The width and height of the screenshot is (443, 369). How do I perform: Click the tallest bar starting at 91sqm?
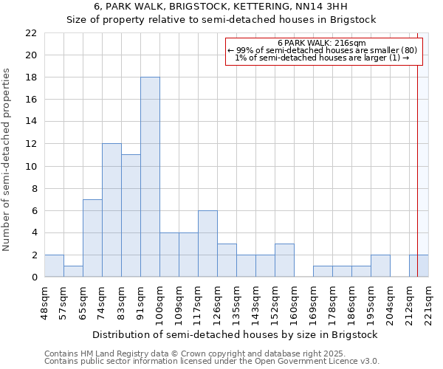pos(150,177)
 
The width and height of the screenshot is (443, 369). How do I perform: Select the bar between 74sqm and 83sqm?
pos(111,210)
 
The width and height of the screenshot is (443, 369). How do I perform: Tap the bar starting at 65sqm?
pos(92,238)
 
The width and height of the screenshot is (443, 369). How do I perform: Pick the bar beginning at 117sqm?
pos(207,244)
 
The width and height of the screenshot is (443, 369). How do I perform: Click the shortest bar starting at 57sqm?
pos(73,271)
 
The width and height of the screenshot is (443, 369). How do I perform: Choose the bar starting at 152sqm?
pos(284,260)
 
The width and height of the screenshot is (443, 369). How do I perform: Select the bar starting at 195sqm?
pos(380,266)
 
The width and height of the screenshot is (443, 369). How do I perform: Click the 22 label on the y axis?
pos(32,33)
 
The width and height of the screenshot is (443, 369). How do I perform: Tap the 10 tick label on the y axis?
pos(32,166)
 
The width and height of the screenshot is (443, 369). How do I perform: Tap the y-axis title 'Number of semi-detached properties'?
pos(7,159)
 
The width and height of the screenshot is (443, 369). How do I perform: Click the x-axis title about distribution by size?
pos(236,334)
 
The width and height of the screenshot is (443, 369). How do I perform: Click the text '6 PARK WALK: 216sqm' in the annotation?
pos(322,43)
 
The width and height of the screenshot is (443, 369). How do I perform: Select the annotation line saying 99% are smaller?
pos(322,50)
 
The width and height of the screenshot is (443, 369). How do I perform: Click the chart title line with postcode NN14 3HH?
pos(221,7)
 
